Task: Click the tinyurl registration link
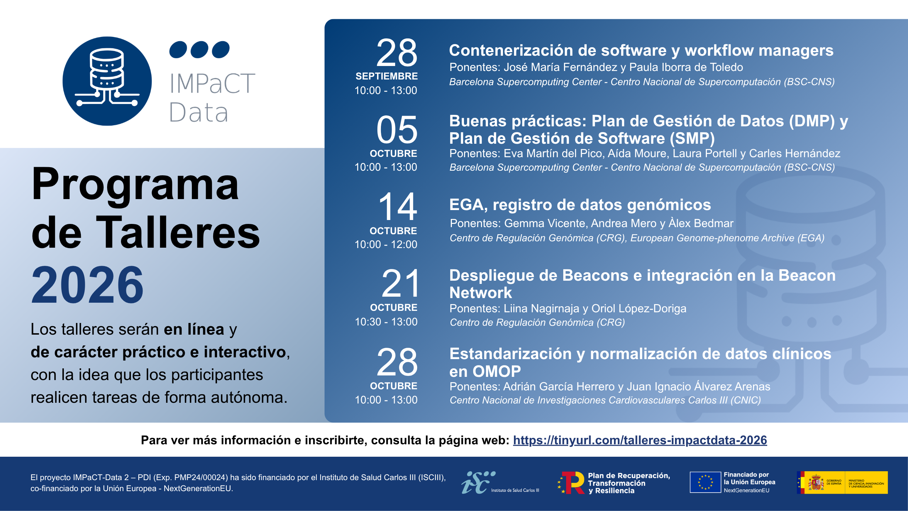pyautogui.click(x=640, y=440)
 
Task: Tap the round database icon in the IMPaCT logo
pyautogui.click(x=107, y=81)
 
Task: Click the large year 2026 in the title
pyautogui.click(x=87, y=285)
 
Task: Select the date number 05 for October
pyautogui.click(x=397, y=130)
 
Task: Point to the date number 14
pyautogui.click(x=398, y=207)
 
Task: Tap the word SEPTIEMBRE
pyautogui.click(x=387, y=76)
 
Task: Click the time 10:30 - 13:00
pyautogui.click(x=386, y=322)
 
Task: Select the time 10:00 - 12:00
pyautogui.click(x=386, y=244)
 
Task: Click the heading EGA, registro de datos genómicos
pyautogui.click(x=580, y=205)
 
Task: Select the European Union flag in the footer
pyautogui.click(x=705, y=482)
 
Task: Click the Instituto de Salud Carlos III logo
pyautogui.click(x=500, y=482)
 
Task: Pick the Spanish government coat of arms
pyautogui.click(x=816, y=483)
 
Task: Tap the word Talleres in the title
pyautogui.click(x=178, y=233)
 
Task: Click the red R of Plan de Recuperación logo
pyautogui.click(x=573, y=483)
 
